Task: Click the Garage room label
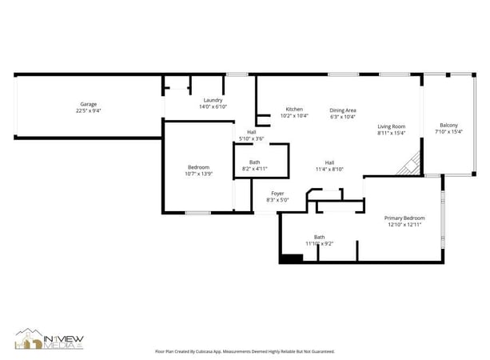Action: click(x=88, y=105)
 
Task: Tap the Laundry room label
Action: click(x=213, y=100)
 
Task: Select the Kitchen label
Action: click(x=294, y=109)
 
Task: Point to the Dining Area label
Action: click(x=343, y=110)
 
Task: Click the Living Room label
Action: click(x=392, y=126)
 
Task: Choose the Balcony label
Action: click(x=448, y=125)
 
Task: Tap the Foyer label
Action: click(x=277, y=193)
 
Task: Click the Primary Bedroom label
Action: click(x=404, y=218)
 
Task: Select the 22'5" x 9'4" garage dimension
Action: click(x=88, y=111)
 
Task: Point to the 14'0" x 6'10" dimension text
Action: click(x=213, y=106)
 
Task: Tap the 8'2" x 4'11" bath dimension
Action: click(x=254, y=169)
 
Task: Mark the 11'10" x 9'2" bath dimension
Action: click(x=319, y=243)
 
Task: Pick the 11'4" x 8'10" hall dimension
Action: click(x=329, y=169)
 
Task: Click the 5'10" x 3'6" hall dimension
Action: click(x=251, y=139)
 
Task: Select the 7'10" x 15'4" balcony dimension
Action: click(x=448, y=131)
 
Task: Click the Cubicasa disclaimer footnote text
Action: click(x=245, y=351)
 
